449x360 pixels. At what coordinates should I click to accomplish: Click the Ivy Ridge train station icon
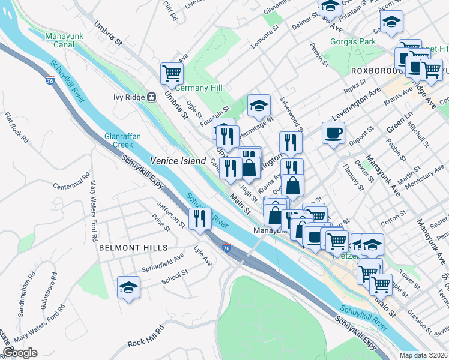pyautogui.click(x=152, y=96)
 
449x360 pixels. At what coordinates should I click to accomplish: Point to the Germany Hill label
pyautogui.click(x=199, y=88)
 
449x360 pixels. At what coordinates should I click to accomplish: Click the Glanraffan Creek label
pyautogui.click(x=122, y=140)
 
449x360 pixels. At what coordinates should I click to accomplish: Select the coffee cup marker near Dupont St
pyautogui.click(x=333, y=133)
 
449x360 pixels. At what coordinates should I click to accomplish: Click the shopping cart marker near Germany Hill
pyautogui.click(x=172, y=73)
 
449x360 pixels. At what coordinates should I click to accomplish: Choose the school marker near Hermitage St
pyautogui.click(x=259, y=105)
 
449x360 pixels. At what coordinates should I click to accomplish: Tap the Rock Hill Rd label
pyautogui.click(x=146, y=336)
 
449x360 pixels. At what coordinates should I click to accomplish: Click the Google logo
pyautogui.click(x=20, y=353)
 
